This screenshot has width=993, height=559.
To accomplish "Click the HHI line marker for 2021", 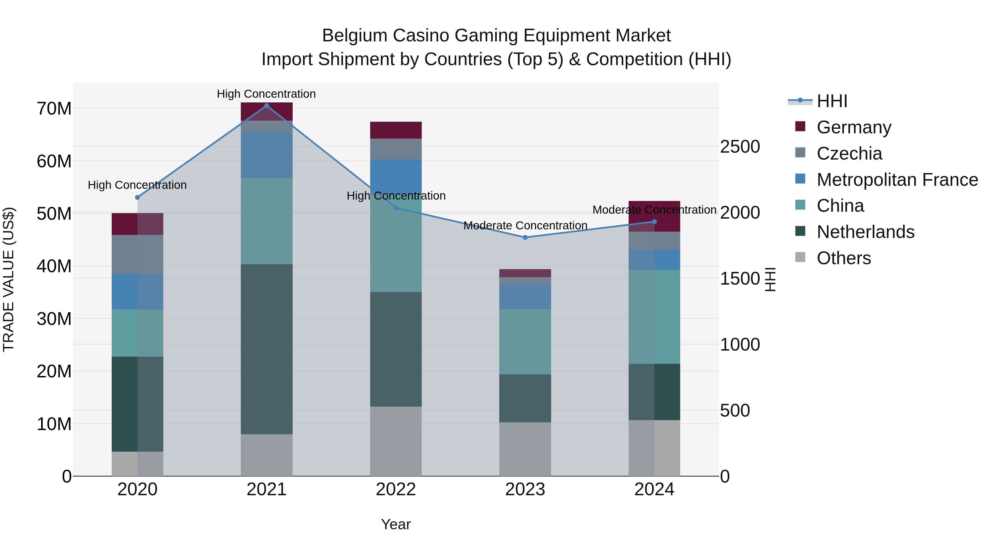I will (266, 106).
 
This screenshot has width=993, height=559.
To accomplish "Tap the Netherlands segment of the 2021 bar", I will (266, 349).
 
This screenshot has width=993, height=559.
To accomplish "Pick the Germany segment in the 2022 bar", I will (396, 130).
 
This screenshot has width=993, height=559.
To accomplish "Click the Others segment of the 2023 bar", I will (525, 449).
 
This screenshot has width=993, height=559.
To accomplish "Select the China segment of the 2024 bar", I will (654, 317).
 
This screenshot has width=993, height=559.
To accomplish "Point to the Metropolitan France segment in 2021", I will (266, 155).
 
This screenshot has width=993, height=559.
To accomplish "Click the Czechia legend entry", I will (849, 153).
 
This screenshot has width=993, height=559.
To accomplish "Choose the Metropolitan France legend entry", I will (897, 180).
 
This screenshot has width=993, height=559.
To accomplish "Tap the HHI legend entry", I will (832, 101).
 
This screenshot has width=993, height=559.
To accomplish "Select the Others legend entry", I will (843, 258).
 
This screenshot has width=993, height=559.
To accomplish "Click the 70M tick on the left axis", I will (54, 109).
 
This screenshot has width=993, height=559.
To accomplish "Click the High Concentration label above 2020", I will (137, 185).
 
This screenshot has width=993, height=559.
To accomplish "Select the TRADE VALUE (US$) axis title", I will (9, 279).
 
